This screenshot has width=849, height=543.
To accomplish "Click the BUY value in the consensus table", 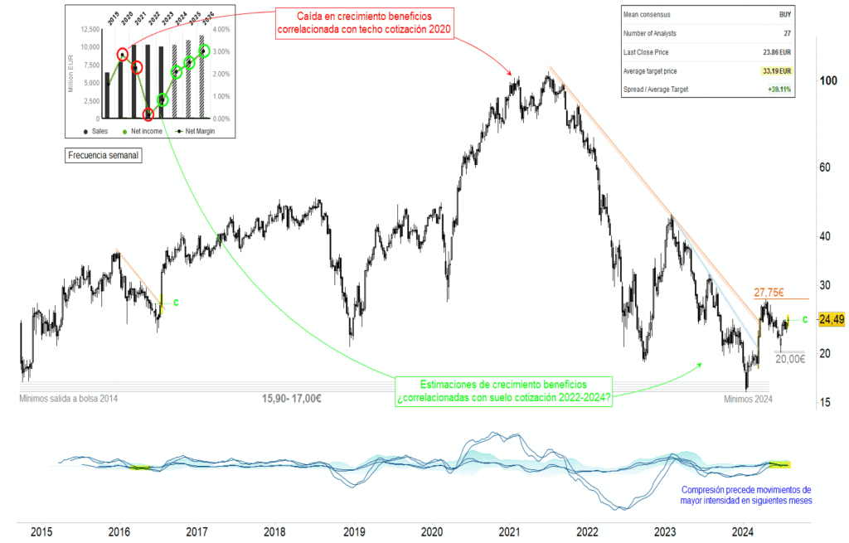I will coord(784,14).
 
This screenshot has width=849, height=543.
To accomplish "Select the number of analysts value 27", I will coord(787,33).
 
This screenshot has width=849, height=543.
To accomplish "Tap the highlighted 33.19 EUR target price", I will coord(771,71).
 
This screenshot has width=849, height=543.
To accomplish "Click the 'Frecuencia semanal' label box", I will coord(103,155).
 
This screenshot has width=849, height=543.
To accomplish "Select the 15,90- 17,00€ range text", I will coord(292,399).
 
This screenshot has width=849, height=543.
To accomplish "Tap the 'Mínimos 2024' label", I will coord(747,399).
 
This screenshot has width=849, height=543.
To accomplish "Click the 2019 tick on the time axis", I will coord(354,531).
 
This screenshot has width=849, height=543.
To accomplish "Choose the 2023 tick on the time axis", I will coord(665,531).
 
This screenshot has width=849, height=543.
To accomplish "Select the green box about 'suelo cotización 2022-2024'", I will coord(504,392).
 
